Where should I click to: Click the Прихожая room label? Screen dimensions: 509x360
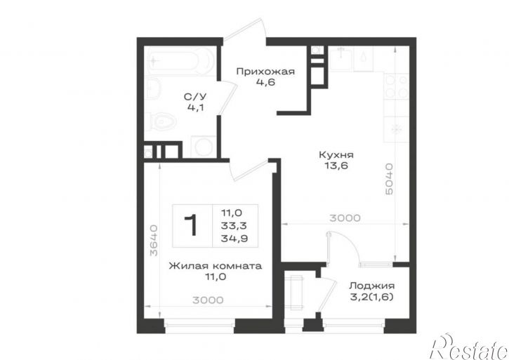[x=265, y=72]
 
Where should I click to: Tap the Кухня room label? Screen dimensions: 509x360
[x=336, y=154]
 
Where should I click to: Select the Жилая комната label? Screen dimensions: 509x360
[x=216, y=266]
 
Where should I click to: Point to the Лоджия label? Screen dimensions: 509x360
[x=371, y=286]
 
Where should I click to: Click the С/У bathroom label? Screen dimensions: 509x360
[x=195, y=97]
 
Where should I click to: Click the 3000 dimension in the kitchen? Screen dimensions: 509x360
[x=345, y=218]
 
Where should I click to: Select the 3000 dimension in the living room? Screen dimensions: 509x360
[x=208, y=300]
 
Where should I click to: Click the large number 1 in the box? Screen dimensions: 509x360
[x=191, y=225]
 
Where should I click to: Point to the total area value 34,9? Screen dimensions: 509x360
[x=234, y=239]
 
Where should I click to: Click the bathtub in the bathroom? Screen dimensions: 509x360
[x=180, y=61]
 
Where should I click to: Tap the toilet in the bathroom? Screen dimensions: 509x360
[x=161, y=122]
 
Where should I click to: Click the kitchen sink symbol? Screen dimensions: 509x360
[x=341, y=58]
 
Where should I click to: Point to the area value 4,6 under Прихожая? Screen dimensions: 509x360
[x=265, y=82]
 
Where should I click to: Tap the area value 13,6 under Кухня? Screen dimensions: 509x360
[x=336, y=166]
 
